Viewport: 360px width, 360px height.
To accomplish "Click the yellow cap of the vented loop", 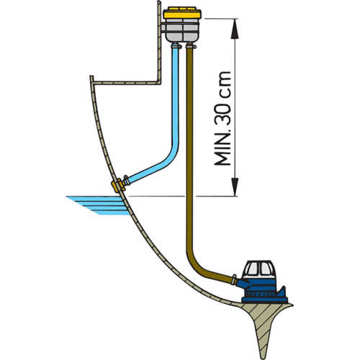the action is [182, 13].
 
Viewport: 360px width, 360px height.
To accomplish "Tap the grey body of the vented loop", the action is [183, 30].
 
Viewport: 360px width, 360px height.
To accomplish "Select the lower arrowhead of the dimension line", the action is [235, 186].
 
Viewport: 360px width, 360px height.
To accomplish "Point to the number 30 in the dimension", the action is [222, 113].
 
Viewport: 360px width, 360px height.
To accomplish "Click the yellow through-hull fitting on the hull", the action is [117, 186].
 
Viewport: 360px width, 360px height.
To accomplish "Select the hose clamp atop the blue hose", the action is [176, 46].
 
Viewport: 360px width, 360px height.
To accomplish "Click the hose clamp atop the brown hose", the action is [191, 46].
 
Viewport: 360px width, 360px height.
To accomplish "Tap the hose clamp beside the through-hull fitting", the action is [127, 181].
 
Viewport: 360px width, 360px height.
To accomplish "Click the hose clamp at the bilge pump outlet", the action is [234, 279].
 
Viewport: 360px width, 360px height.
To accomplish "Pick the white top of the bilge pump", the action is [260, 269].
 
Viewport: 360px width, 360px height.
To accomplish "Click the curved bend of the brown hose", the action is [196, 265].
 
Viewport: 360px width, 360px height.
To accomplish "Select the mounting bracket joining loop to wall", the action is [163, 28].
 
